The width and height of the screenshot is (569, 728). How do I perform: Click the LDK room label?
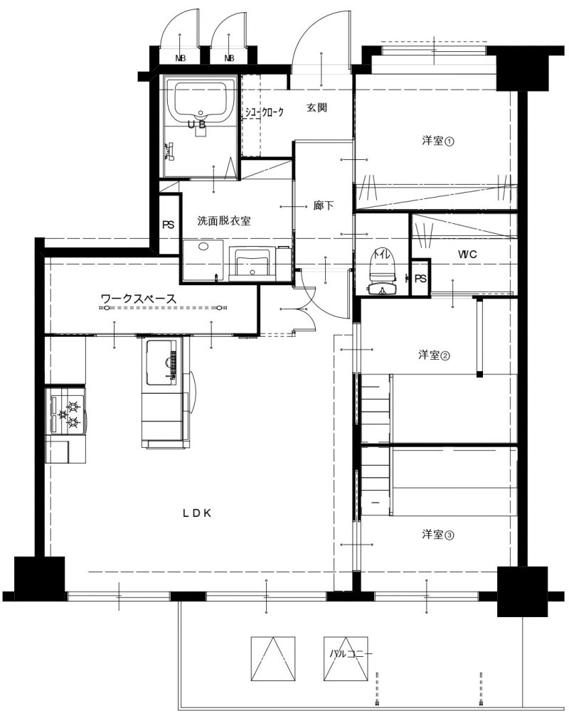[196, 513]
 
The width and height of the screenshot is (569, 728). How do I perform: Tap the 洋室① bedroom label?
[437, 141]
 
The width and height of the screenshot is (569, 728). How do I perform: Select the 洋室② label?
[434, 355]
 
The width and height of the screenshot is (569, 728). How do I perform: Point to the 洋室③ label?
[437, 535]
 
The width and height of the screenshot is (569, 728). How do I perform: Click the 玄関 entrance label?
[317, 108]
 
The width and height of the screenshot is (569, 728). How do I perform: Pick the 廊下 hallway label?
[324, 205]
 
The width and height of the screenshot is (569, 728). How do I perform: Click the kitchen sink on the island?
[161, 363]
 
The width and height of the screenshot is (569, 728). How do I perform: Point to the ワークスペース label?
[139, 299]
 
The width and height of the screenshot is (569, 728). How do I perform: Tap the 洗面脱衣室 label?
[224, 221]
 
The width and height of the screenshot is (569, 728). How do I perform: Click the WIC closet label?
[467, 255]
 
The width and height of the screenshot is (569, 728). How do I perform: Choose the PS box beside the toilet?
[421, 279]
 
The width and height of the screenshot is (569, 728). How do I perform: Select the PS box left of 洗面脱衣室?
[168, 225]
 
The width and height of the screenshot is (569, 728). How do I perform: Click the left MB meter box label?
[180, 58]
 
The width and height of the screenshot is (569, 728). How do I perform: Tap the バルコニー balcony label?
[351, 654]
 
